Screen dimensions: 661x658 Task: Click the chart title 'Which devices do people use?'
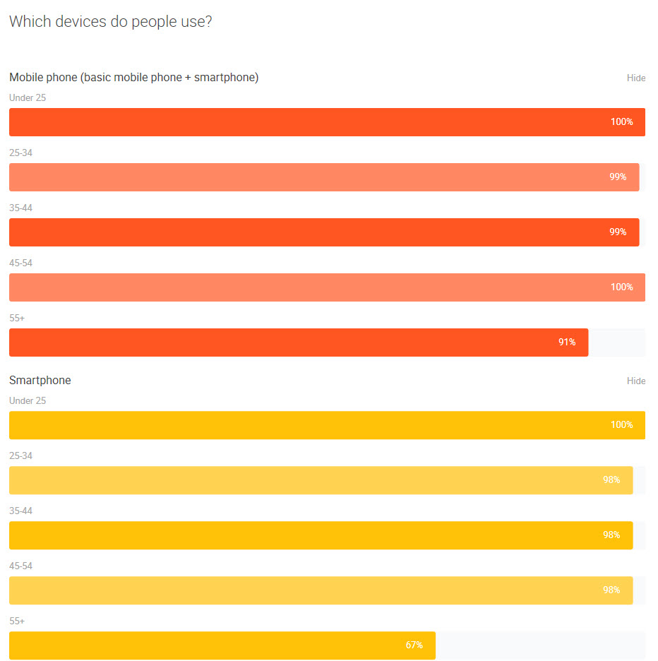(111, 22)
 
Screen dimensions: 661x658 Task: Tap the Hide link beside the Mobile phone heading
(635, 78)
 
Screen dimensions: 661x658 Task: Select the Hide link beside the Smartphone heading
(635, 381)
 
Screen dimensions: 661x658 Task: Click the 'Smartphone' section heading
(40, 380)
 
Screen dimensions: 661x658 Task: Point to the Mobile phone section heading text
(133, 77)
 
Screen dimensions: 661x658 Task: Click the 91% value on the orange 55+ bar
(567, 343)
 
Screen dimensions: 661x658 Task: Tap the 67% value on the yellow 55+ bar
(414, 645)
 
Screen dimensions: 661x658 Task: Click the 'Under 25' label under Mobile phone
(28, 97)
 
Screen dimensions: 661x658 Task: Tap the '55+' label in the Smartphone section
(17, 621)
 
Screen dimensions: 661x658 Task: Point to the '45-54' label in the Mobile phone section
(21, 263)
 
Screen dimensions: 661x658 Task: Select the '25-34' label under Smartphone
(21, 455)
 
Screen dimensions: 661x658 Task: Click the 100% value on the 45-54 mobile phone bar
(621, 287)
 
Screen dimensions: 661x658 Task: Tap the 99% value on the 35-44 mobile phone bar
(618, 232)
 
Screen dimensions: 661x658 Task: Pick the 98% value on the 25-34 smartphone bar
(611, 480)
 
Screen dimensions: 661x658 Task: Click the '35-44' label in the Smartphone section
(21, 511)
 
